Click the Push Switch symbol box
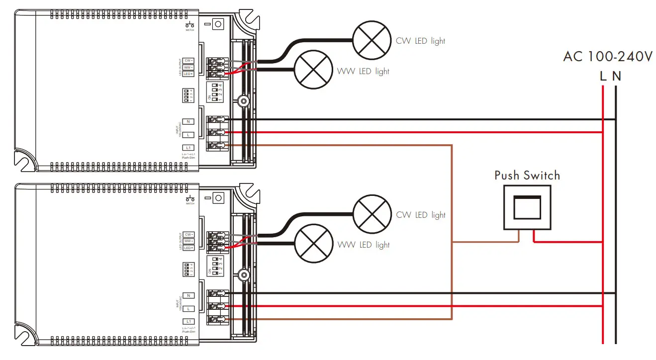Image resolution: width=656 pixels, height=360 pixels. (527, 207)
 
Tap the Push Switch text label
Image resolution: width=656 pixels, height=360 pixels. (527, 176)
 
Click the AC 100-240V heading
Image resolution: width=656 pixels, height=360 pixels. (607, 57)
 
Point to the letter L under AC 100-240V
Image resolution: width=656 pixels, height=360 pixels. (603, 77)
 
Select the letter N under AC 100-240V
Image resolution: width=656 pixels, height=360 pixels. (617, 77)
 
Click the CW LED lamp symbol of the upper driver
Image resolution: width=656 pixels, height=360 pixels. (372, 41)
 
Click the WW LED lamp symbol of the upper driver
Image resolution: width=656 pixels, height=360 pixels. (313, 70)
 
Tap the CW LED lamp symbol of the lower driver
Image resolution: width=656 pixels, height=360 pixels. (372, 215)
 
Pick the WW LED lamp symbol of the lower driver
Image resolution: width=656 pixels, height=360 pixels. (313, 245)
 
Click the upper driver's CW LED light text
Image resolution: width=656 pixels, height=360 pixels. (420, 41)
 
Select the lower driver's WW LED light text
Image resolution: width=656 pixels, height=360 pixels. (364, 245)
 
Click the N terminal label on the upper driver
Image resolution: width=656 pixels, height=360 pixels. (188, 121)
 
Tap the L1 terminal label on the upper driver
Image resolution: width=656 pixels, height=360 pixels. (188, 148)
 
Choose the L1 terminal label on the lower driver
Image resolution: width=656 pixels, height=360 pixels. (188, 322)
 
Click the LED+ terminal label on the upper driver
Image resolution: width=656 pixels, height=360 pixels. (188, 74)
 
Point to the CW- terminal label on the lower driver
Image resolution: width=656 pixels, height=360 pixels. (188, 234)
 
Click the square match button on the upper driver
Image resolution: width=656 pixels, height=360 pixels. (218, 23)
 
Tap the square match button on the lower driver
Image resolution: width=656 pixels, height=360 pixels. (218, 198)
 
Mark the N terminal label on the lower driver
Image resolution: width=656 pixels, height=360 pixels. (188, 295)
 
